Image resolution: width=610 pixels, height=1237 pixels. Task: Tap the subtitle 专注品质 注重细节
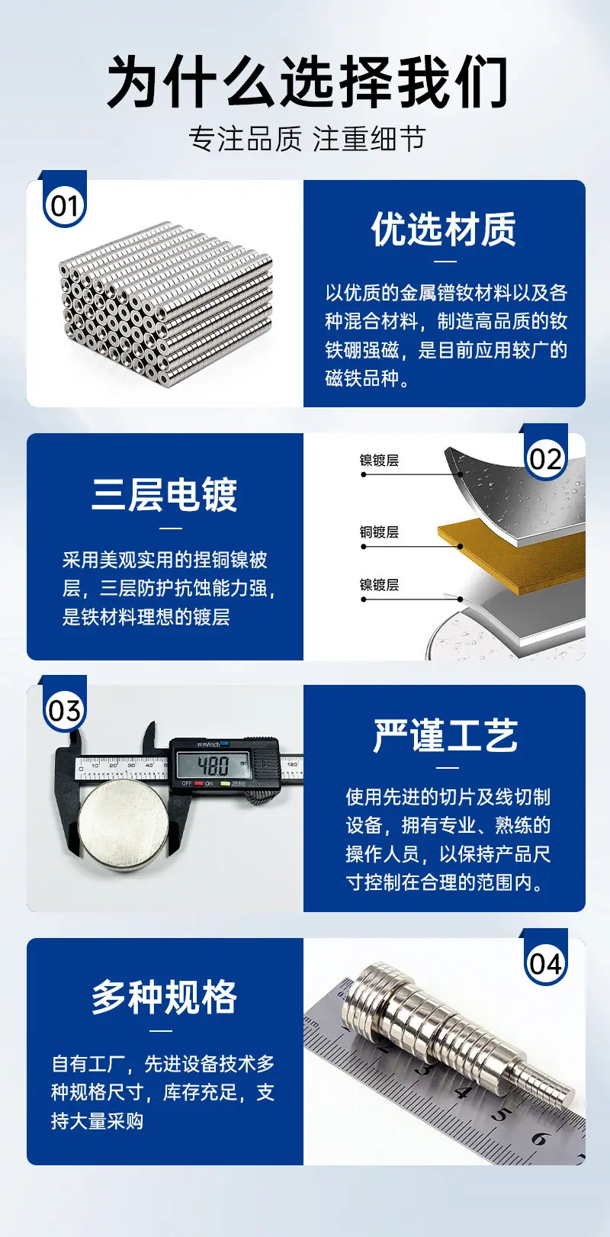(307, 138)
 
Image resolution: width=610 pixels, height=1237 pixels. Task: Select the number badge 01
(65, 206)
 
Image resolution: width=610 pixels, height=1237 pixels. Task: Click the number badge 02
(545, 459)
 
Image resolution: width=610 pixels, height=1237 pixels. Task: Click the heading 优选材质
(444, 229)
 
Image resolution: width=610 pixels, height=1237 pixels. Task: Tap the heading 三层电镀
(165, 494)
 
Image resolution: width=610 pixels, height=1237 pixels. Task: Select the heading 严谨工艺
(445, 735)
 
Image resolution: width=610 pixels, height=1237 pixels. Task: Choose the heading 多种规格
(165, 997)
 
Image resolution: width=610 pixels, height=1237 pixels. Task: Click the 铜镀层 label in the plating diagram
(379, 532)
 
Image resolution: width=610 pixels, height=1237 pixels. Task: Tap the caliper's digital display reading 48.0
(213, 765)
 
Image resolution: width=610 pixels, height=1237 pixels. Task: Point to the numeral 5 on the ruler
(499, 1115)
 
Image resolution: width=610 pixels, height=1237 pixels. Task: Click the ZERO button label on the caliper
(239, 784)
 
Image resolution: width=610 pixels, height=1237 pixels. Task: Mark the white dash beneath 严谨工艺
(447, 767)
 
